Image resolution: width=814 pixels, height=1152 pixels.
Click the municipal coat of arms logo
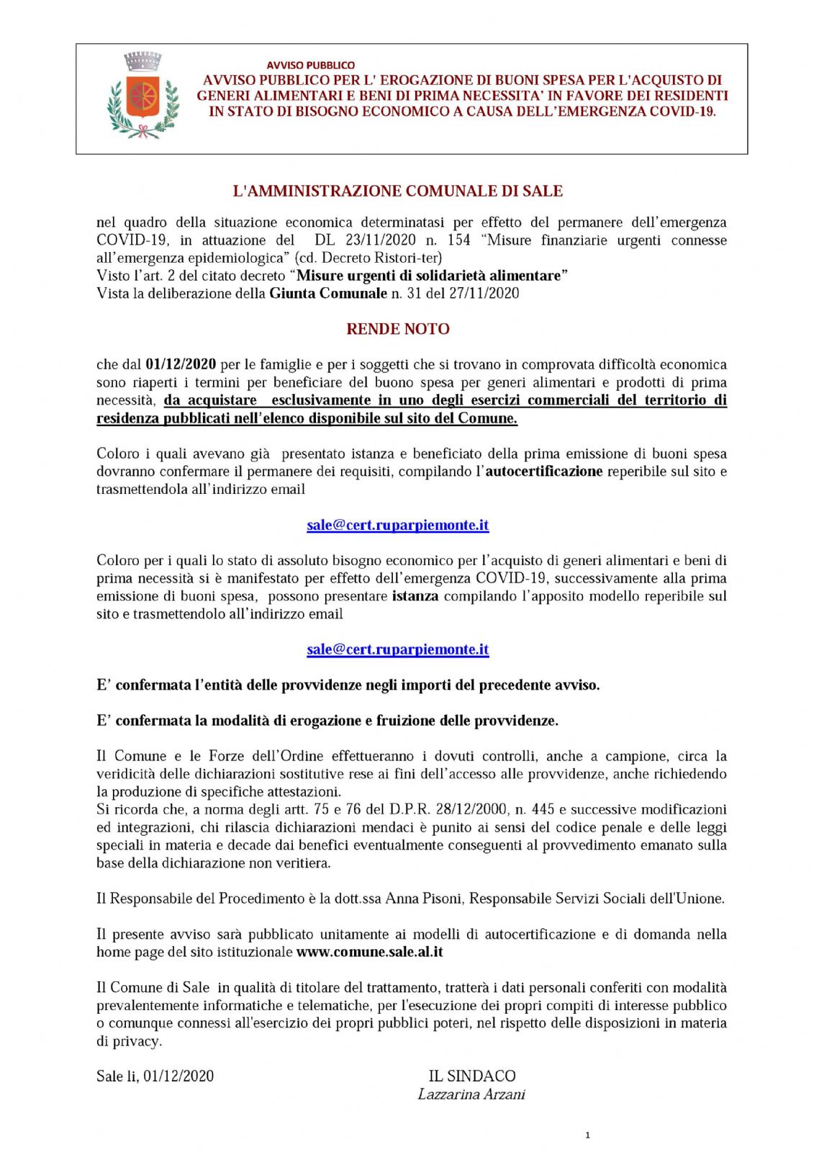[143, 96]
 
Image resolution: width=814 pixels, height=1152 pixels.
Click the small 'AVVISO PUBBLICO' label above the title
[310, 66]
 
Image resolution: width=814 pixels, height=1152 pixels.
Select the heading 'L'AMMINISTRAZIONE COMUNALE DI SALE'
[397, 191]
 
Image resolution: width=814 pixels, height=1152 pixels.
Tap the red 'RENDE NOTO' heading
[397, 329]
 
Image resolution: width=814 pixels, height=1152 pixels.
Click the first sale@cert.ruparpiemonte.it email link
[397, 525]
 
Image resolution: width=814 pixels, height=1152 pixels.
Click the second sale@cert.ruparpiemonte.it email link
[397, 649]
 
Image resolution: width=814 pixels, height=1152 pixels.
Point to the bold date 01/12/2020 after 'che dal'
[181, 364]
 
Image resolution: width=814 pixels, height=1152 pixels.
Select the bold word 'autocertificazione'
[544, 472]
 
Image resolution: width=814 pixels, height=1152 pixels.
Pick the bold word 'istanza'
[415, 596]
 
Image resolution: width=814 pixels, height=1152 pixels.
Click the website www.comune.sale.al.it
[369, 952]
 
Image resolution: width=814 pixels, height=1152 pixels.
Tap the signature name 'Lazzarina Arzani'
[471, 1094]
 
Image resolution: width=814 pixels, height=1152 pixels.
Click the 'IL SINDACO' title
[472, 1076]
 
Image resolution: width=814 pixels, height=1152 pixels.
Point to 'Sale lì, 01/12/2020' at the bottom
[155, 1076]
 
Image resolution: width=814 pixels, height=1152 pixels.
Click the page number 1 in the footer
[587, 1135]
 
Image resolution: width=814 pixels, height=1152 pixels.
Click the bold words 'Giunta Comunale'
[328, 293]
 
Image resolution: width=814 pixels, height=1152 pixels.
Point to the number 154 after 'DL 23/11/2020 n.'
[459, 240]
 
